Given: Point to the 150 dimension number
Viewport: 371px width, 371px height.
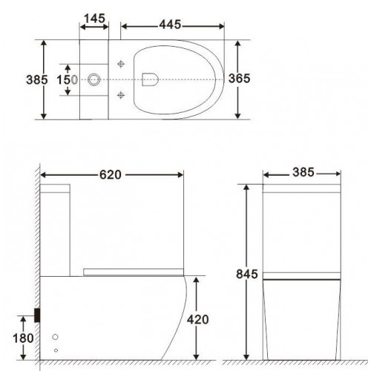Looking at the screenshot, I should pyautogui.click(x=66, y=78).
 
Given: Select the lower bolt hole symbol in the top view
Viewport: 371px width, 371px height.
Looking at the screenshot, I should pyautogui.click(x=121, y=94).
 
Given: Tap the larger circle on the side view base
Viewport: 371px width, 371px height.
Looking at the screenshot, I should pyautogui.click(x=56, y=337).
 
